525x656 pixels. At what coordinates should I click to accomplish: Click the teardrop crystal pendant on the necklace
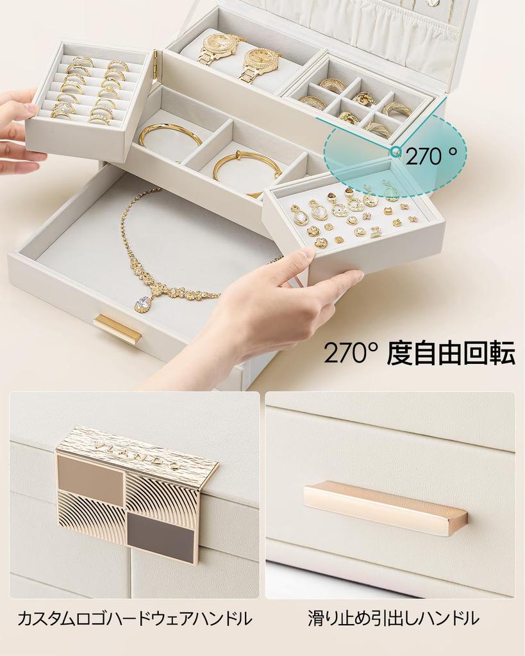(143, 304)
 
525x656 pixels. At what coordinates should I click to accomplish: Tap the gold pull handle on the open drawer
(117, 328)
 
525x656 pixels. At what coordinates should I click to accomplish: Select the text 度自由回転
(451, 353)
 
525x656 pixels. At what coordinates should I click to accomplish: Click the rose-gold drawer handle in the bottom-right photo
(385, 507)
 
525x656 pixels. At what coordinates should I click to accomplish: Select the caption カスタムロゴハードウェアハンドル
(134, 619)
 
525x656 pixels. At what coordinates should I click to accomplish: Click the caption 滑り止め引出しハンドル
(393, 619)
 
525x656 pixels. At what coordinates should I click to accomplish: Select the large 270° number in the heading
(350, 353)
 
